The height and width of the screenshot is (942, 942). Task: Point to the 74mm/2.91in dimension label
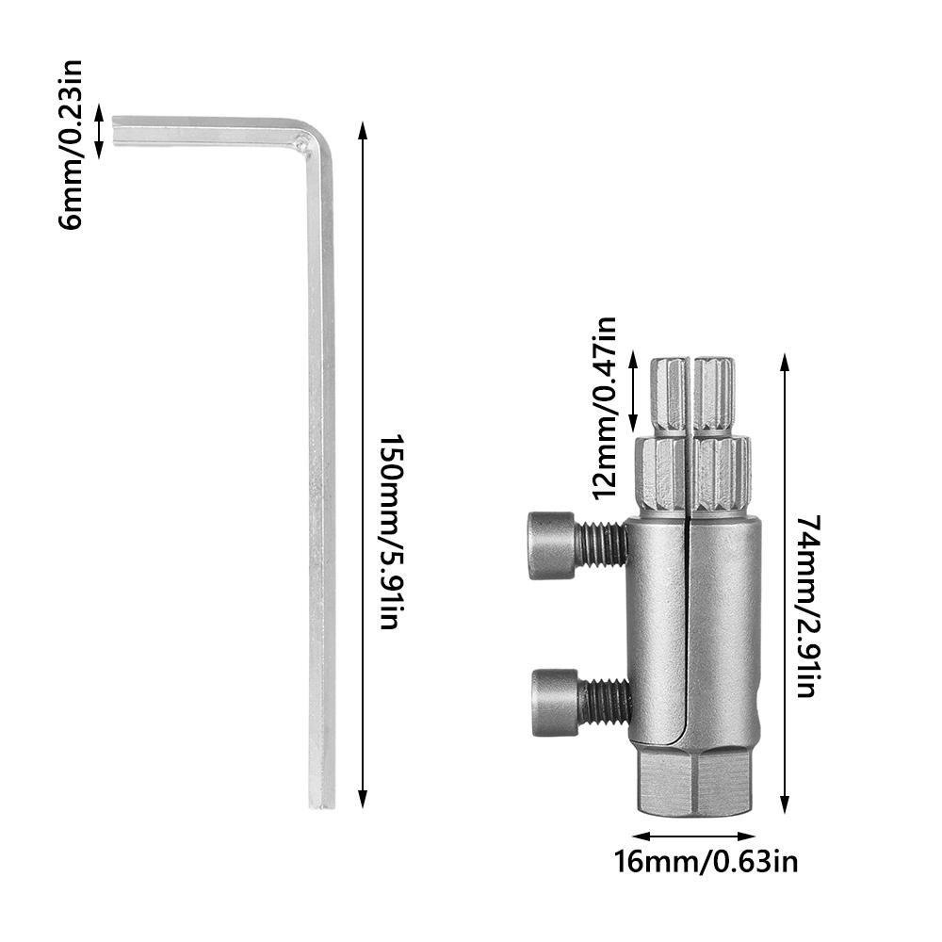click(x=806, y=607)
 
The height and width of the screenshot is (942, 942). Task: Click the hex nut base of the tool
click(x=695, y=778)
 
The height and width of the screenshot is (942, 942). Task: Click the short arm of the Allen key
click(x=207, y=131)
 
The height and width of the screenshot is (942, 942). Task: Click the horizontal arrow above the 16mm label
click(x=694, y=835)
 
